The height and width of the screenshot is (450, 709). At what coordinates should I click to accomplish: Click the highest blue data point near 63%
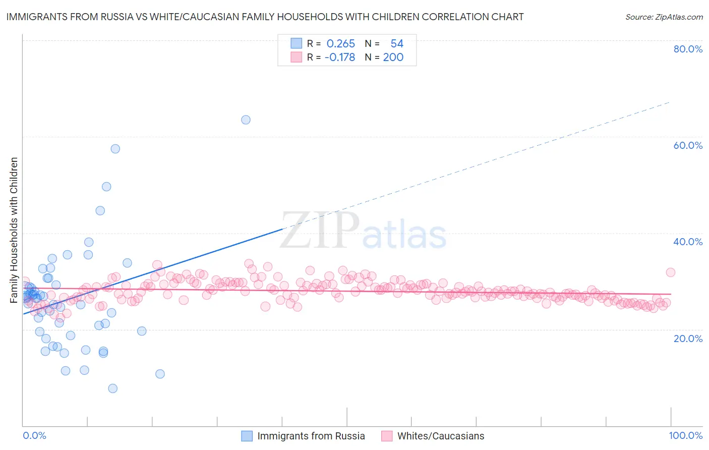tap(246, 120)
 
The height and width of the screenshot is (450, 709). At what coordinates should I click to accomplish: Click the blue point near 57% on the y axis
tap(115, 149)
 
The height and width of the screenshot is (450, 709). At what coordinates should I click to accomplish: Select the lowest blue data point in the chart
tap(112, 388)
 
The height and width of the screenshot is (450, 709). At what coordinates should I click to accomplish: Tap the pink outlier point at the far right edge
tap(670, 272)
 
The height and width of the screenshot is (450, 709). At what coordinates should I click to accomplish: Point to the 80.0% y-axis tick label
tap(688, 49)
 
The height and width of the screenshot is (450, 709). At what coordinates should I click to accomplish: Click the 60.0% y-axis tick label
tap(688, 145)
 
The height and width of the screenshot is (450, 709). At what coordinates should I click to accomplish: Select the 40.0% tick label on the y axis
tap(688, 242)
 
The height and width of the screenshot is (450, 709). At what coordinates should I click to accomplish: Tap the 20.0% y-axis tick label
tap(688, 339)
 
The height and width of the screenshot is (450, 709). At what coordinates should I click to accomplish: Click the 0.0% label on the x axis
tap(34, 435)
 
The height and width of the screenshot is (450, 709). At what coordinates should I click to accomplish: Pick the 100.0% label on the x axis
tap(685, 435)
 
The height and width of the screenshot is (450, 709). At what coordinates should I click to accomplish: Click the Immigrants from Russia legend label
tap(311, 436)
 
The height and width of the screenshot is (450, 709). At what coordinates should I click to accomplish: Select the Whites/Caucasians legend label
tap(440, 436)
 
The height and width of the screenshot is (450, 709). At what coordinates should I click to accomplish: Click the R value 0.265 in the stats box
tap(340, 44)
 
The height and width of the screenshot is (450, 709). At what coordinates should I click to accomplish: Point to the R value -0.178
tap(339, 58)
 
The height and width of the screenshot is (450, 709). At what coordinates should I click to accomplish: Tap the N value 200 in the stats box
tap(393, 58)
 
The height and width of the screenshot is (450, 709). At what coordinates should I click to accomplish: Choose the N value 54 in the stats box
tap(397, 44)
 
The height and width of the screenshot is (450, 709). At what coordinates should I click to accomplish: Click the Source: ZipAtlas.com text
tap(664, 17)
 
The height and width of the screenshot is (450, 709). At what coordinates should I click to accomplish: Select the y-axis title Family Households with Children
tap(14, 230)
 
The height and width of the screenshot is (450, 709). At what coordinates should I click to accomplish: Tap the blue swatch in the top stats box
tap(296, 43)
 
